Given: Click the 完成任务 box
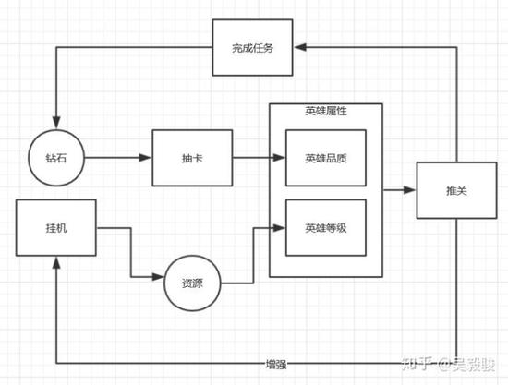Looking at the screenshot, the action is tap(252, 48).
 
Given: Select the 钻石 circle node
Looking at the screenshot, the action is tap(56, 158).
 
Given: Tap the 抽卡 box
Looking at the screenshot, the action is tap(192, 158).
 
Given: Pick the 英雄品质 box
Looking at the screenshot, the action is tap(326, 158).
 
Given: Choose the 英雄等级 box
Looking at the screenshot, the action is tap(326, 228).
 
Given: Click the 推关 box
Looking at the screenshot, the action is tap(456, 190).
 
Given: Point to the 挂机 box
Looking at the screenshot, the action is tap(56, 228).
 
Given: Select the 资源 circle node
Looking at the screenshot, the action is tap(192, 283).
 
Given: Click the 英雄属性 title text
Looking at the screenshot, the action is tap(326, 111).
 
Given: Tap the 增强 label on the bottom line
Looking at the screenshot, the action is tap(276, 365).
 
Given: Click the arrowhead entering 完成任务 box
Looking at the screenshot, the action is tap(300, 48).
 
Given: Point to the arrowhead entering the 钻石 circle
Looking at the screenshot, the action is tap(56, 123).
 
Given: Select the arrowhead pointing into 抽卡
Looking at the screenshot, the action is tap(145, 158).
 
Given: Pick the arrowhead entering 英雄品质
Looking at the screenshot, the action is tap(279, 158).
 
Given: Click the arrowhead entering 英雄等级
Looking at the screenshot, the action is tap(279, 228).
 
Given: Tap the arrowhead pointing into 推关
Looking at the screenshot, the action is tap(409, 190).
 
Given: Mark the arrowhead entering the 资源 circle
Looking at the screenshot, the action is tap(158, 277).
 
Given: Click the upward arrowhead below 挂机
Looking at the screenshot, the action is tap(56, 263).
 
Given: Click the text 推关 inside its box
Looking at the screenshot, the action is tap(456, 191).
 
